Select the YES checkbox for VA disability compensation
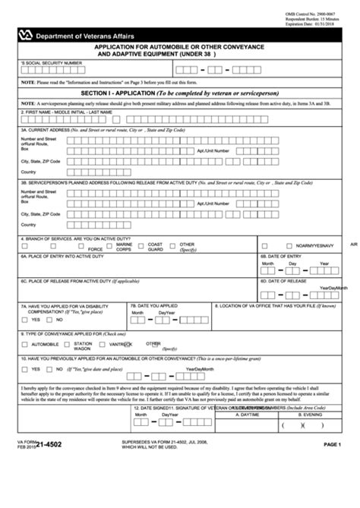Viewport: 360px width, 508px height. point(25,320)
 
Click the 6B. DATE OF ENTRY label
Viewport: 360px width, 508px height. point(282,257)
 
